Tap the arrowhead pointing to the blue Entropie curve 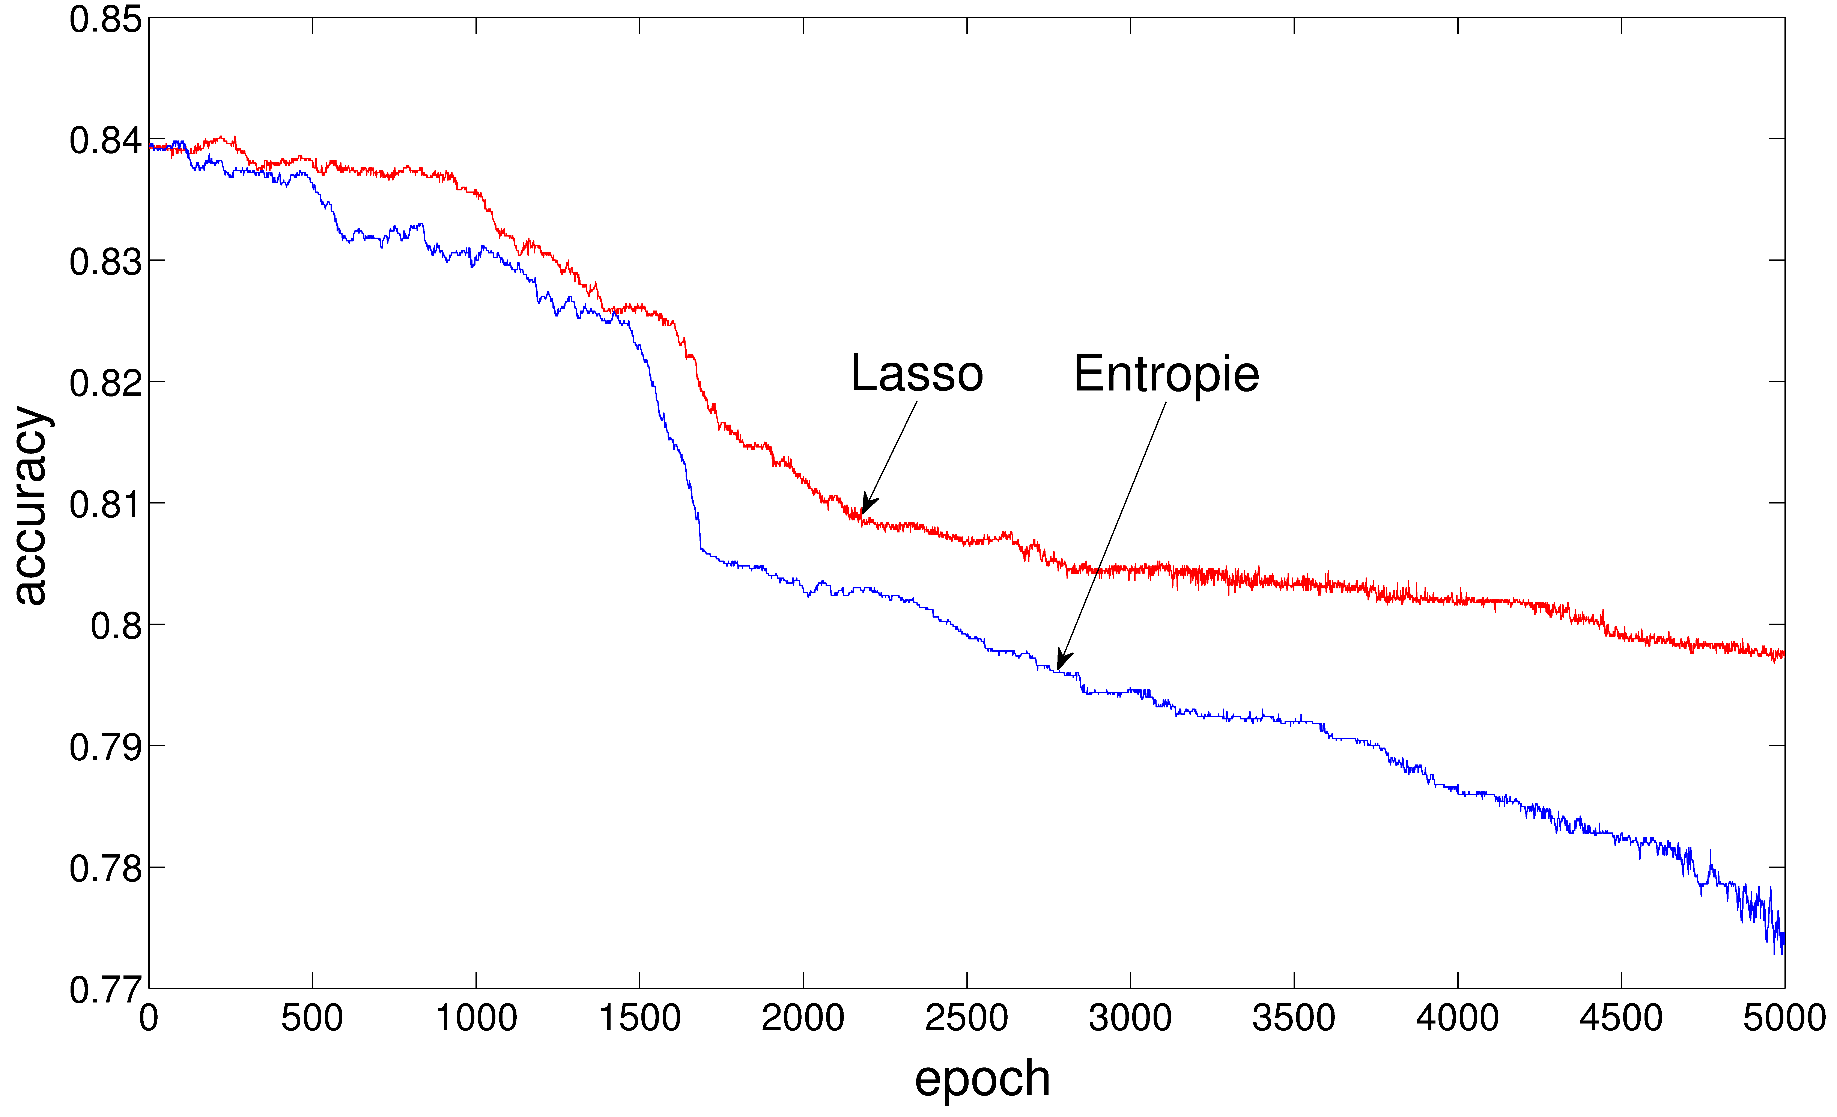[x=1062, y=661]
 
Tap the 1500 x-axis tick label [x=640, y=1018]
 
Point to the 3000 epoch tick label [x=1130, y=1018]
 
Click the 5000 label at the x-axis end [x=1784, y=1018]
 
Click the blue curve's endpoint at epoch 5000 [x=1783, y=941]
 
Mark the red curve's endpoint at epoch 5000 [x=1783, y=654]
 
